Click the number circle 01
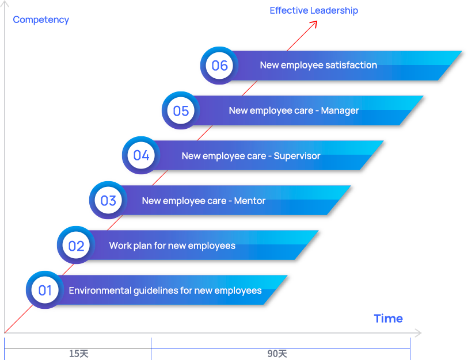tap(45, 290)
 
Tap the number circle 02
tap(76, 246)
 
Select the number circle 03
tap(108, 201)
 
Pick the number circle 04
tap(141, 155)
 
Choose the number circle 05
tap(181, 110)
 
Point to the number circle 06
tap(219, 66)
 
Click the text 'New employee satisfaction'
tap(318, 66)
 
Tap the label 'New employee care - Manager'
tap(294, 110)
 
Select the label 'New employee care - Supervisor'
tap(251, 156)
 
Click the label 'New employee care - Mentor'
tap(204, 201)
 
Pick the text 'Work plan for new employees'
tap(172, 246)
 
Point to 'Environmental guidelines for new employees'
tap(165, 290)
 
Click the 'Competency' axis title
tap(41, 20)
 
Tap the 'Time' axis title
tap(388, 318)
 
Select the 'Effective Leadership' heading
tap(314, 10)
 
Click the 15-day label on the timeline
tap(78, 353)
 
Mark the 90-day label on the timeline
tap(276, 353)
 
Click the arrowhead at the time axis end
tap(418, 333)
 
